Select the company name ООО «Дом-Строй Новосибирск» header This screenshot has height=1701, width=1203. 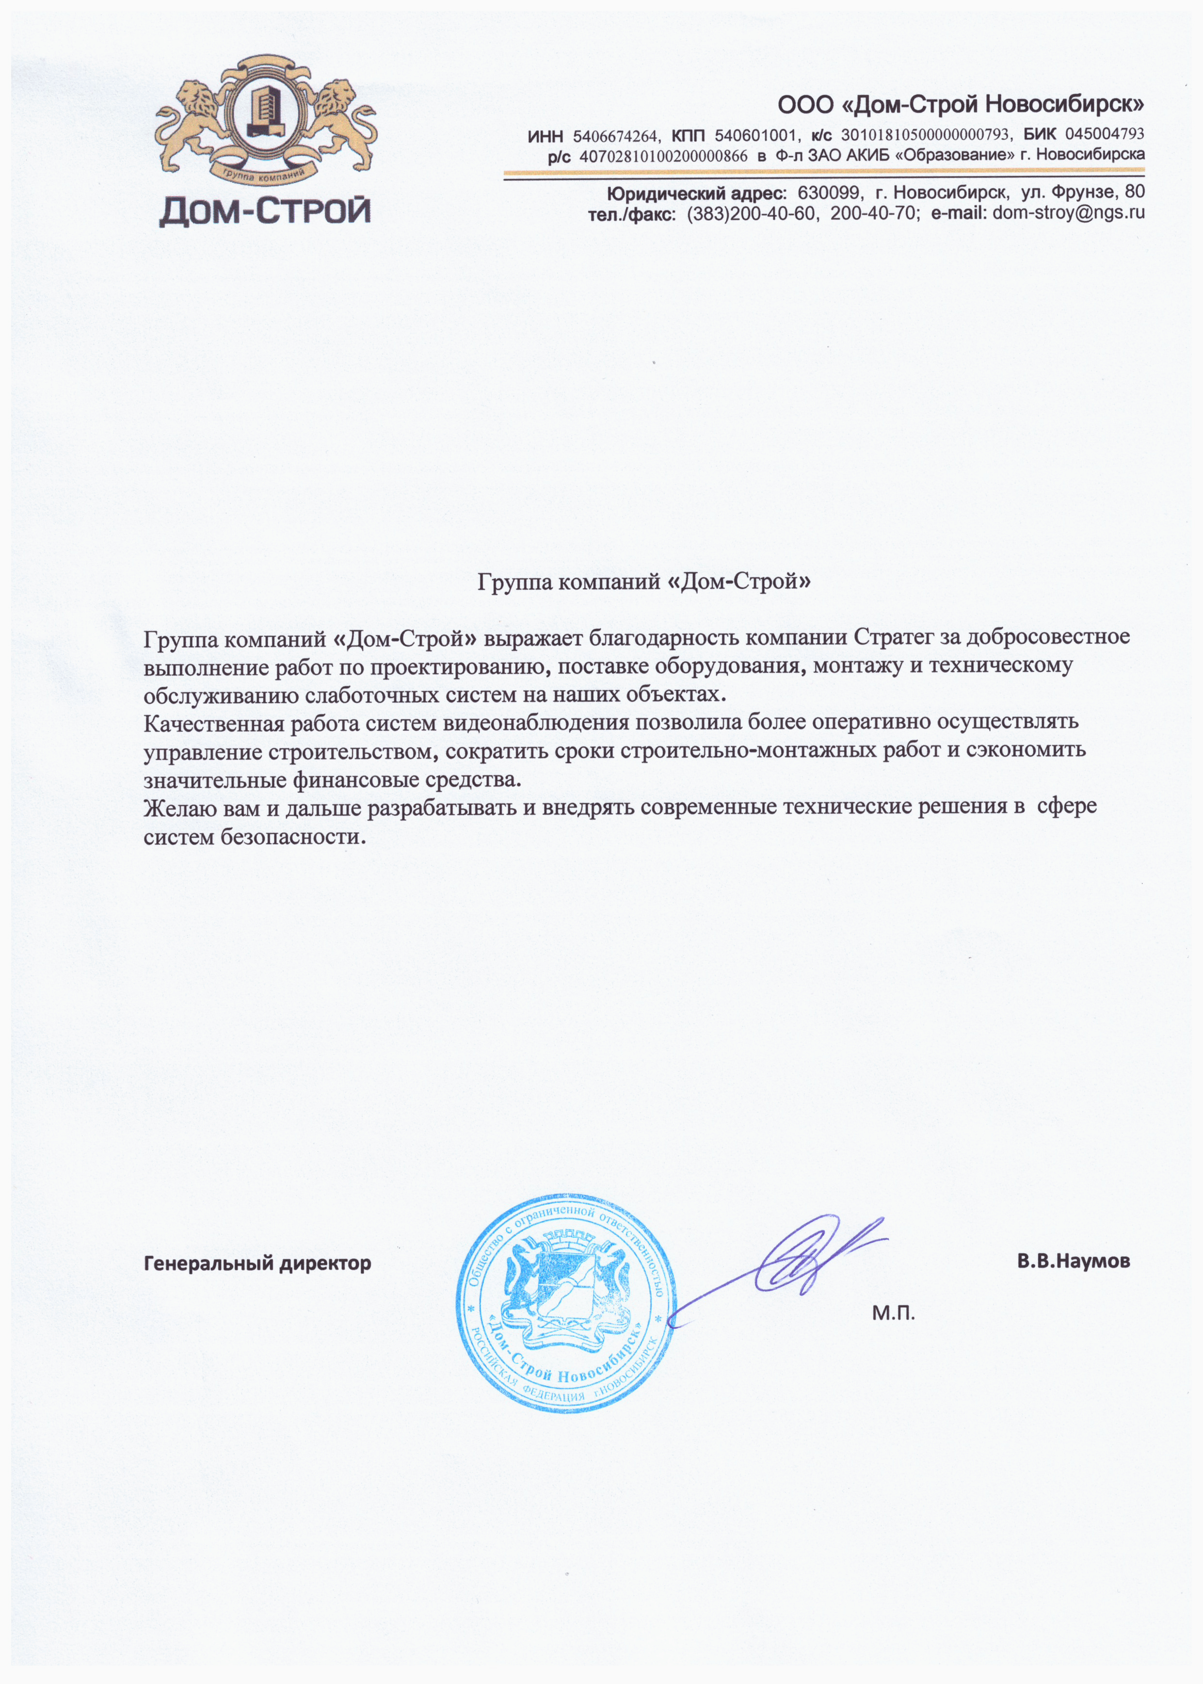tap(961, 104)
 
